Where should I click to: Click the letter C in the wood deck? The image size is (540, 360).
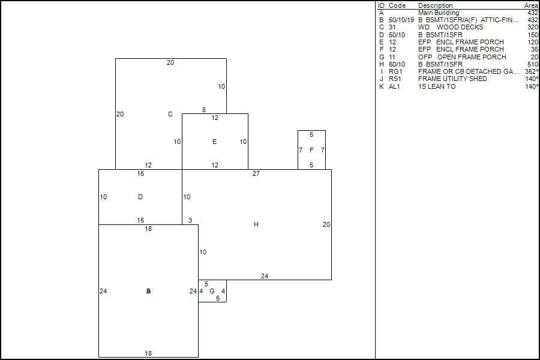170,114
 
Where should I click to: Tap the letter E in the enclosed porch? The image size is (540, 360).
214,142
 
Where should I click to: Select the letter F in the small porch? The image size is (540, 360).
311,150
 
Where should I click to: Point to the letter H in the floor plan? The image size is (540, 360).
256,224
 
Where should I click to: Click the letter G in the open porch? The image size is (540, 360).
212,291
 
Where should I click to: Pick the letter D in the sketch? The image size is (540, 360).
140,197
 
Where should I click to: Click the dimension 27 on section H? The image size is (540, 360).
256,173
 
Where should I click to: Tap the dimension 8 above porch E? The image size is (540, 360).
204,110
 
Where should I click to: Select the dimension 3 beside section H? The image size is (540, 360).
190,220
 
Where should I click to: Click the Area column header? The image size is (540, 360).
531,5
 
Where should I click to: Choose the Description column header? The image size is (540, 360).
436,5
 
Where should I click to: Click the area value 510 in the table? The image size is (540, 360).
532,64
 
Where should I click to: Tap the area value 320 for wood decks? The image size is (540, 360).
532,27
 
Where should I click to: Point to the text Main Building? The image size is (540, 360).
439,13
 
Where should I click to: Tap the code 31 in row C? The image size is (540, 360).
392,27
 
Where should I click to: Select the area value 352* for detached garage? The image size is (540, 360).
531,71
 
